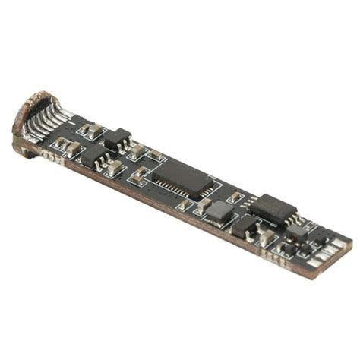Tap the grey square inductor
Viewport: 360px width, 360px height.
(x=219, y=212)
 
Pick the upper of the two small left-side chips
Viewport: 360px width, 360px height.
(x=116, y=139)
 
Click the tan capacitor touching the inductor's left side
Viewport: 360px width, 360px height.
(x=204, y=205)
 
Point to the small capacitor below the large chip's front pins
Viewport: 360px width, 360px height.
(x=185, y=204)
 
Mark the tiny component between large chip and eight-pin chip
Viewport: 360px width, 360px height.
(x=235, y=197)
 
